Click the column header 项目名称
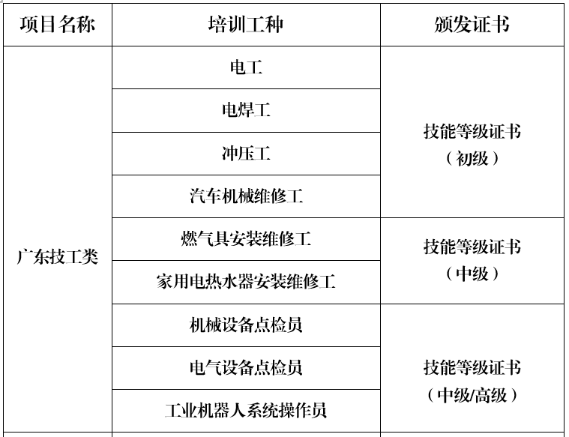57,25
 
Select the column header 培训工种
246,25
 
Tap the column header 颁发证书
472,25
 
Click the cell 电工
246,67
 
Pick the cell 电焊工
246,110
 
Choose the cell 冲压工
246,153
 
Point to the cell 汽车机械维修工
246,196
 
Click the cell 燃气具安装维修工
246,239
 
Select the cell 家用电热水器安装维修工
246,282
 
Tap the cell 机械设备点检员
246,325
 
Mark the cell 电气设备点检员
246,367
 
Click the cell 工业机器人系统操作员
246,411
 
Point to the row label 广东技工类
57,257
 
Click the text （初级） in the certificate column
472,158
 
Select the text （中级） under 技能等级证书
472,274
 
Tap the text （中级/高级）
472,395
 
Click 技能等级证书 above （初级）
472,131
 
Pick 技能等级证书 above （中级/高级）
472,367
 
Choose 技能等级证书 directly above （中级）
472,247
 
